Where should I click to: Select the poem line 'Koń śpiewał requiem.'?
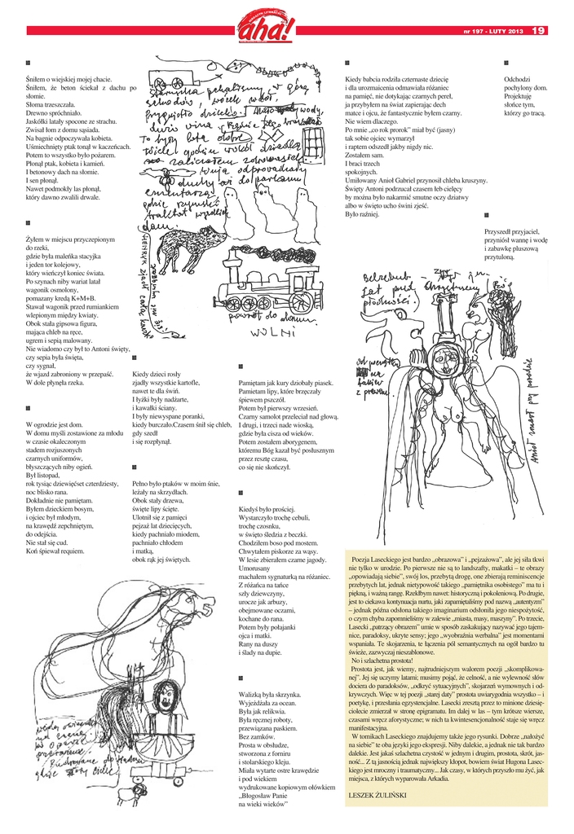click(55, 551)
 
